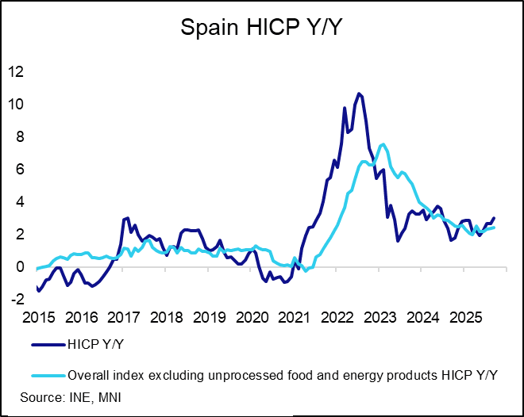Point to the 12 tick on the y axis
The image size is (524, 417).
[15, 71]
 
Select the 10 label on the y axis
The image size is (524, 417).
[15, 104]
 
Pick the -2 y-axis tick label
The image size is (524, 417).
[16, 300]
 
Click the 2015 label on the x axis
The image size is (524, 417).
[39, 318]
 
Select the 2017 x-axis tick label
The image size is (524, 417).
[125, 318]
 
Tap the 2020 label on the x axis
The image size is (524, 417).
[252, 318]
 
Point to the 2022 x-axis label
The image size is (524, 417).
[338, 318]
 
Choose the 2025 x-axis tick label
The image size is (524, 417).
[466, 318]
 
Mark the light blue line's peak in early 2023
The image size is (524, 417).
[383, 144]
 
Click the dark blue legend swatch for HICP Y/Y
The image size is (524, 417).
[48, 345]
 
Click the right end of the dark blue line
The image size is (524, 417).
[495, 218]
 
